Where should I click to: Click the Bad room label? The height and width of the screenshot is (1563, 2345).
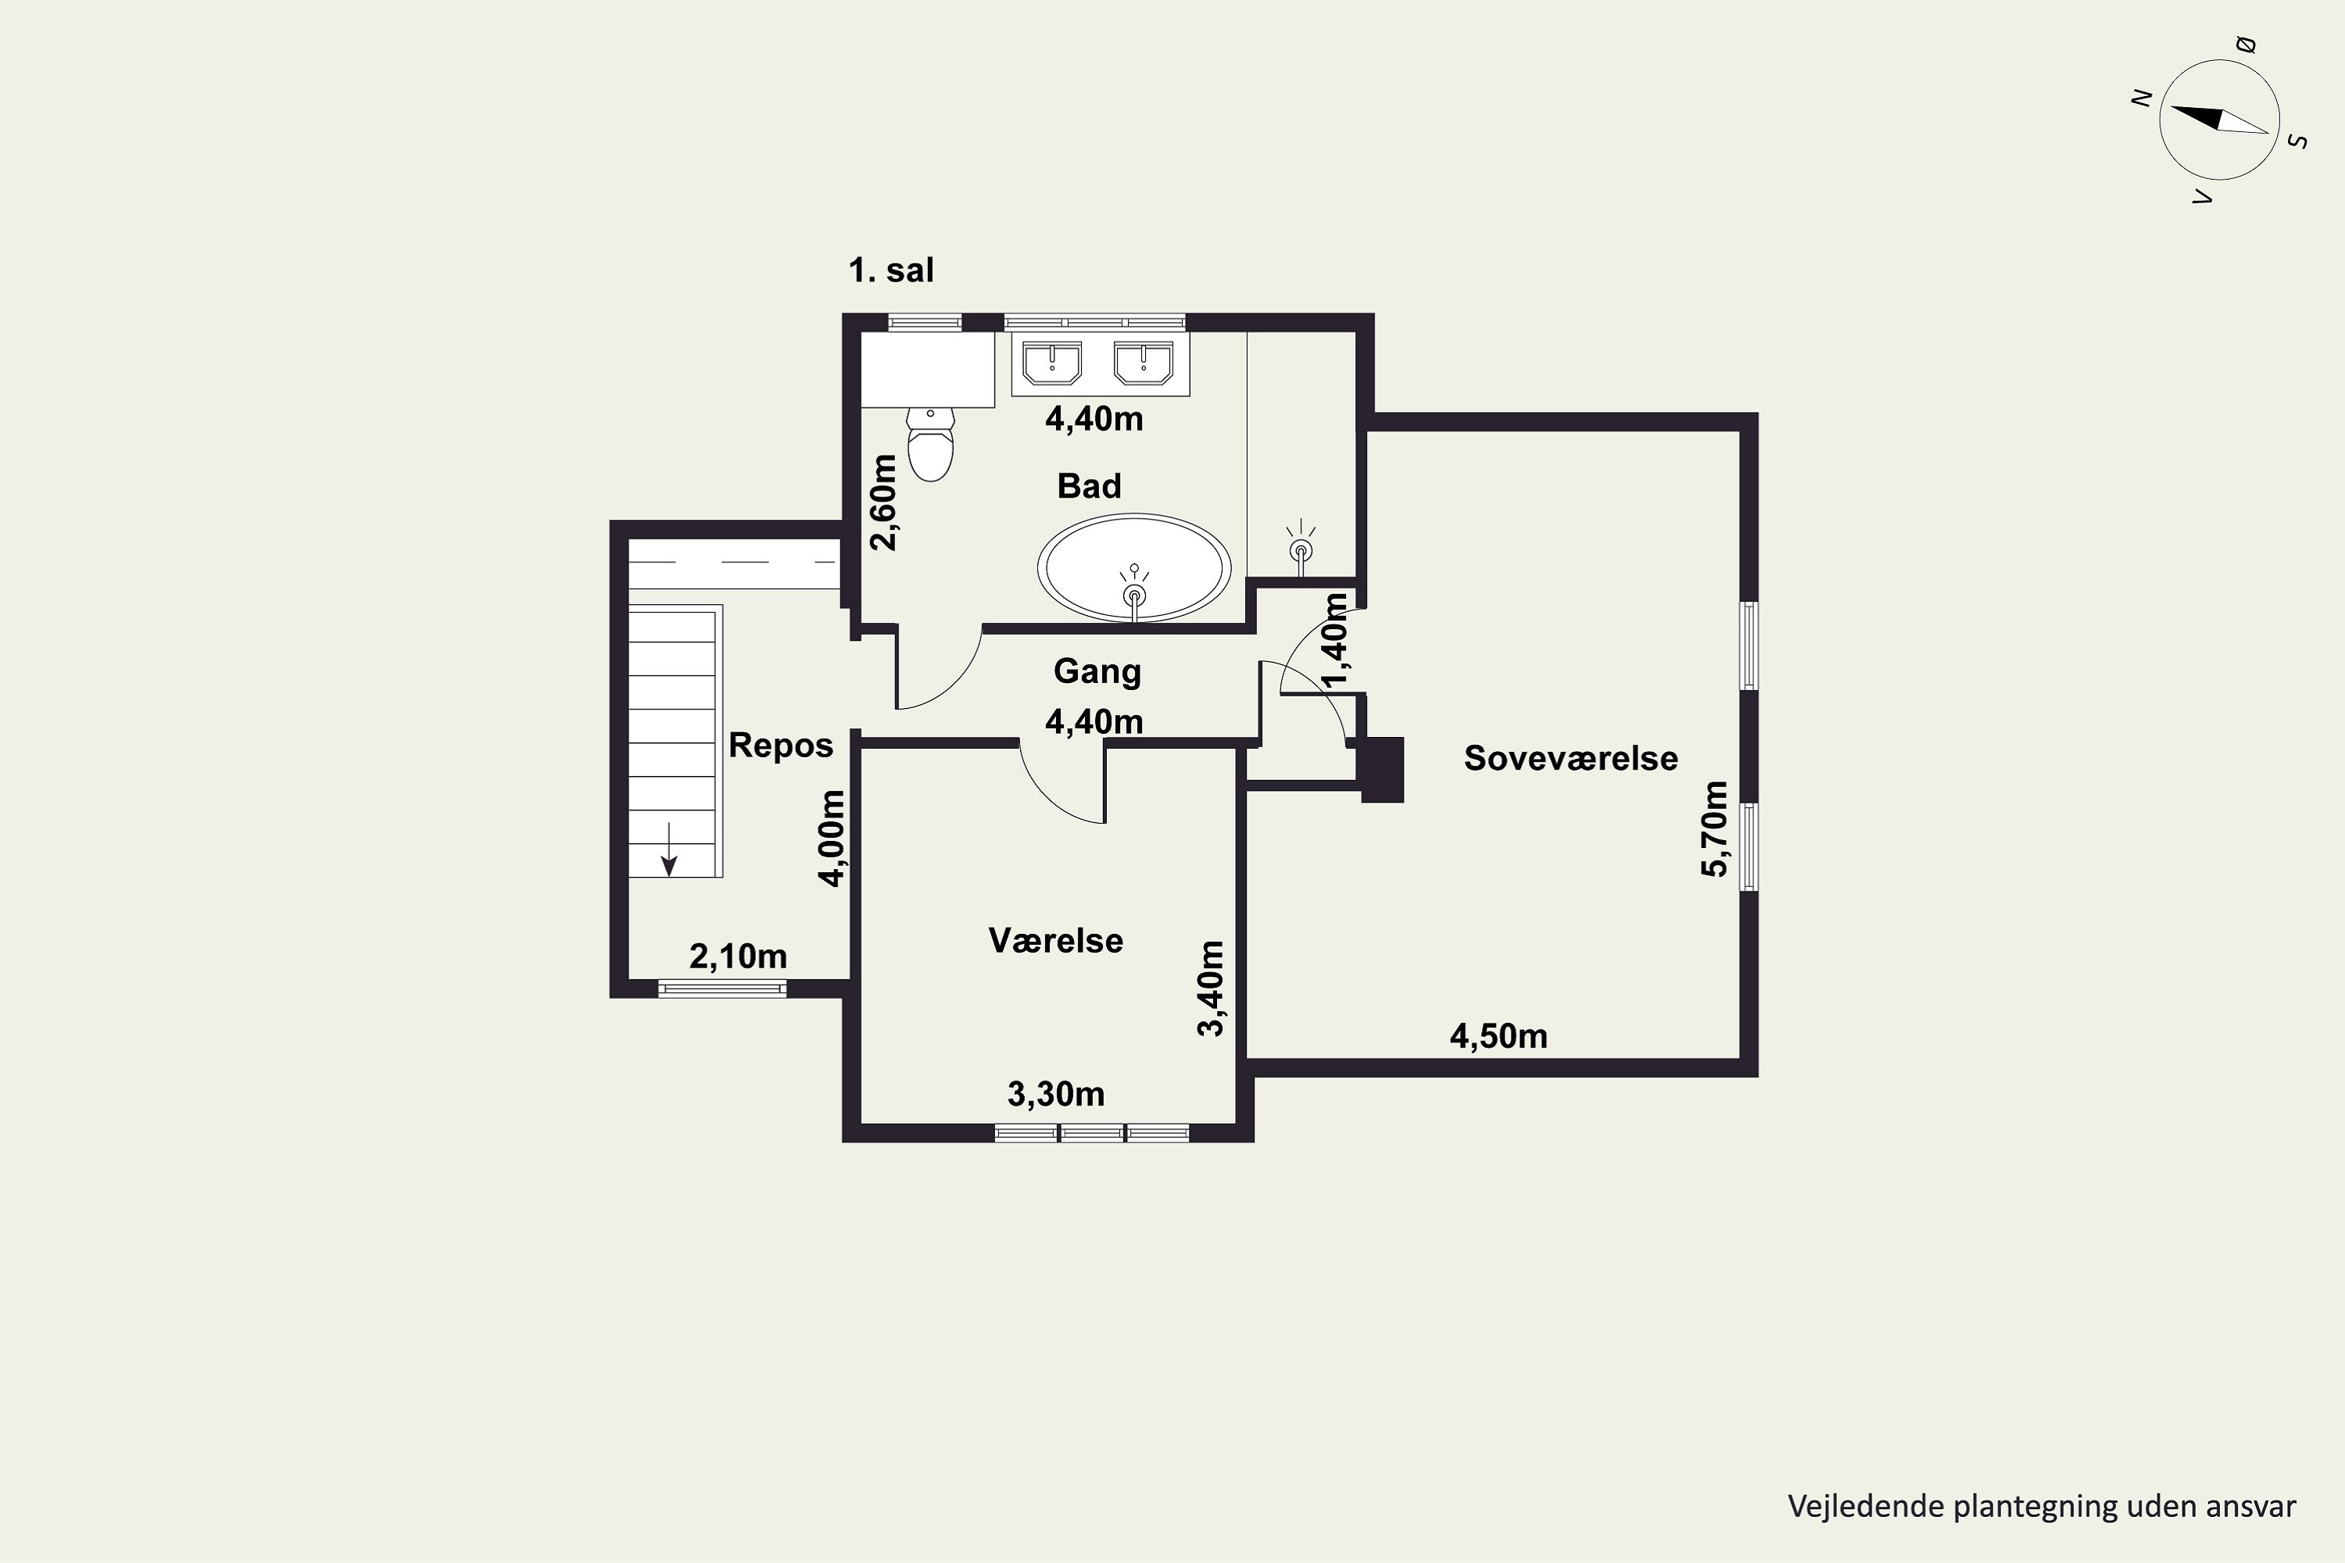click(x=1089, y=486)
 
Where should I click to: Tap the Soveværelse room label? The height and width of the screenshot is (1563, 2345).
click(x=1570, y=759)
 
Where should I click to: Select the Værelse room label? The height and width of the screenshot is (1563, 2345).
click(x=1056, y=941)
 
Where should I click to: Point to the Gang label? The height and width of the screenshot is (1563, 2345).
click(x=1097, y=672)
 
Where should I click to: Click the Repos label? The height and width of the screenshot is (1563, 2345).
click(x=781, y=746)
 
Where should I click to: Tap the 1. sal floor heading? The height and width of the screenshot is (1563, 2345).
click(x=891, y=270)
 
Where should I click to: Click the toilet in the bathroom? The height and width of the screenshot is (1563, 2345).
click(x=930, y=444)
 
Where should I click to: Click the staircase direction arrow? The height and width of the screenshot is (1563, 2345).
click(x=669, y=849)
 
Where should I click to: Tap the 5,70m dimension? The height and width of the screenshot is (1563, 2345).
click(x=1714, y=828)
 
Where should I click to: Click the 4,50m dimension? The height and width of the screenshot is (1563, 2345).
click(x=1498, y=1037)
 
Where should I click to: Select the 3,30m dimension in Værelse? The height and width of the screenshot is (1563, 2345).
click(x=1056, y=1095)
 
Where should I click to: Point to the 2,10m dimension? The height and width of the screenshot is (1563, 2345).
click(x=738, y=957)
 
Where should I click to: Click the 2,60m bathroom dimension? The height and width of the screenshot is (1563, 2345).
click(x=884, y=503)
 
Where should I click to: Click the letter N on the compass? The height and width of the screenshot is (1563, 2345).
click(x=2141, y=98)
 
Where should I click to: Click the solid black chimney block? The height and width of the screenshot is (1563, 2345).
click(x=1382, y=770)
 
